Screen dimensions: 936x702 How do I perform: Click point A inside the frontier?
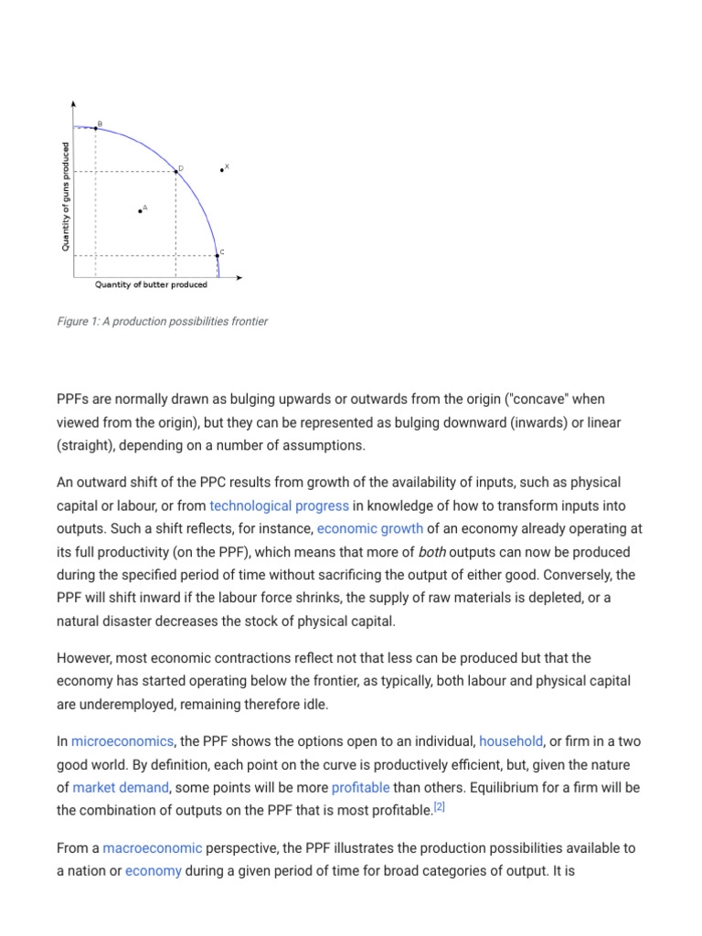click(x=140, y=211)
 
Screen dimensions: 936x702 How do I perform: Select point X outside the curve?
click(x=222, y=170)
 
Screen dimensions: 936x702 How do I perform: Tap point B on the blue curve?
click(x=96, y=128)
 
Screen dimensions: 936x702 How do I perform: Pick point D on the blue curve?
click(x=176, y=171)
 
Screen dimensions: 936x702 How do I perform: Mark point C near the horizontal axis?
click(x=217, y=256)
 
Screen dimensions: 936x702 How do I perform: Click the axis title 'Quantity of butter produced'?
click(x=151, y=285)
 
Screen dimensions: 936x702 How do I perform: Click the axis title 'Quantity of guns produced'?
click(x=66, y=197)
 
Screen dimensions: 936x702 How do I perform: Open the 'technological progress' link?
click(x=279, y=505)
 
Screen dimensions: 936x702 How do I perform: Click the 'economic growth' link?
click(x=369, y=529)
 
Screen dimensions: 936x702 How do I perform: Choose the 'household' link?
click(x=510, y=741)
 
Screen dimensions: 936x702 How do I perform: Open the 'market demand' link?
click(x=121, y=787)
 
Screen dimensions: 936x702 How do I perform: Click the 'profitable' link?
click(x=360, y=787)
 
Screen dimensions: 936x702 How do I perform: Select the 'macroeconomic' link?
click(x=152, y=848)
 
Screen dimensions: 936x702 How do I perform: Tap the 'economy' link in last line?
click(x=153, y=871)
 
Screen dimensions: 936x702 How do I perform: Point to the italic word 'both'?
click(x=433, y=553)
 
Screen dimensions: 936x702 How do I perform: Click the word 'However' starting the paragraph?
click(x=85, y=658)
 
